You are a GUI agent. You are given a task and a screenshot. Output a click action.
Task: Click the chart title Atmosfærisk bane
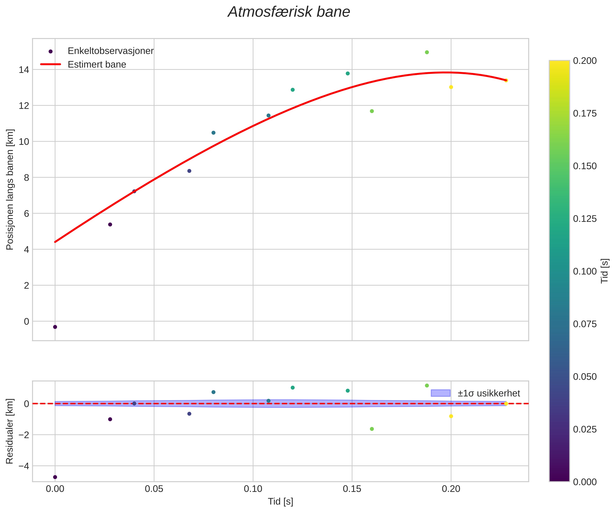click(289, 12)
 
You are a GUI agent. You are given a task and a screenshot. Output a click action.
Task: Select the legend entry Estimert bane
click(97, 65)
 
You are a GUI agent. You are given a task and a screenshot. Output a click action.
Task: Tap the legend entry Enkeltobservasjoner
click(111, 51)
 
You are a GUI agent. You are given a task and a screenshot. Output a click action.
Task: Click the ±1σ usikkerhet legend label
click(489, 393)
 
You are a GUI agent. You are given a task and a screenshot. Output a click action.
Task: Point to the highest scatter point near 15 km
click(427, 52)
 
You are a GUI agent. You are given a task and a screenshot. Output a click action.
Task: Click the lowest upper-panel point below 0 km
click(55, 327)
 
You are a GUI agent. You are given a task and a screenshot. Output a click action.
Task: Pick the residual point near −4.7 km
click(55, 477)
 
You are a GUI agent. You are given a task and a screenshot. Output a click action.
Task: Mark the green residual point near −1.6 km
click(372, 429)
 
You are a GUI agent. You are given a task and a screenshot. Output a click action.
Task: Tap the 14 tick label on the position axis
click(24, 70)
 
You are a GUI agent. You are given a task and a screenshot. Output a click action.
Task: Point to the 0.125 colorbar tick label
click(584, 219)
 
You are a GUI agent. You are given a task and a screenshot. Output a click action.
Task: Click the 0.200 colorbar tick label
click(584, 61)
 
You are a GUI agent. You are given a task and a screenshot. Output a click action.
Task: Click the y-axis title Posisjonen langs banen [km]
click(10, 189)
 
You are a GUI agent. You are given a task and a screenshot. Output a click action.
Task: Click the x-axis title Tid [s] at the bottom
click(281, 502)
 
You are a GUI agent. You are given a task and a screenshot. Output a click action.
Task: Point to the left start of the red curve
click(55, 242)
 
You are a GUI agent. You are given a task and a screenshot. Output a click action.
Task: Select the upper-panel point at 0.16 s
click(372, 111)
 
